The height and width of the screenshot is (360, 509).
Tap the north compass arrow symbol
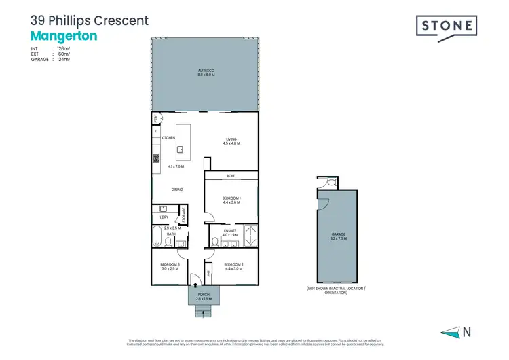pyautogui.click(x=450, y=332)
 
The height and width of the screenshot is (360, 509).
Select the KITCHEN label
pyautogui.click(x=168, y=138)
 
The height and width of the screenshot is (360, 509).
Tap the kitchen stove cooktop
pyautogui.click(x=155, y=160)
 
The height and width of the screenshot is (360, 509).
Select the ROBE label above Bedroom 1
pyautogui.click(x=231, y=175)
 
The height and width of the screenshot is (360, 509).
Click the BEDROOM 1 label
pyautogui.click(x=231, y=197)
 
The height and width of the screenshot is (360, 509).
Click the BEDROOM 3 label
pyautogui.click(x=169, y=264)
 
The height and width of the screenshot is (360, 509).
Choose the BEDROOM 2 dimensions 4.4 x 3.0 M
pyautogui.click(x=232, y=268)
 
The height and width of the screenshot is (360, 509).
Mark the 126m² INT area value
pyautogui.click(x=65, y=49)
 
